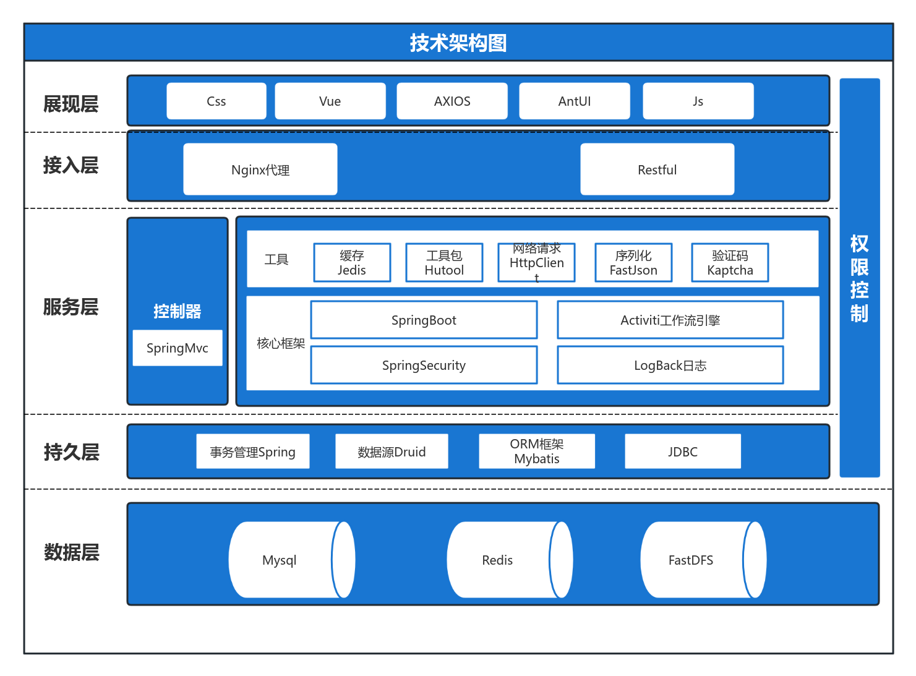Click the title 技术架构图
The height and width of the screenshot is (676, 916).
(x=458, y=43)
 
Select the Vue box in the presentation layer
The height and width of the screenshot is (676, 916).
(x=330, y=101)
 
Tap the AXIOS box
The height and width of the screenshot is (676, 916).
(x=452, y=101)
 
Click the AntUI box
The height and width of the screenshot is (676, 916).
(x=574, y=101)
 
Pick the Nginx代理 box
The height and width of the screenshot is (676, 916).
(x=260, y=169)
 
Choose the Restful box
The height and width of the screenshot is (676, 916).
(x=657, y=169)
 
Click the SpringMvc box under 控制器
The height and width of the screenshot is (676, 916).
(x=177, y=348)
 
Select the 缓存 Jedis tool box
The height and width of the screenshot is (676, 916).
(x=352, y=263)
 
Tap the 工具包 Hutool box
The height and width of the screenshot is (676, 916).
(x=444, y=263)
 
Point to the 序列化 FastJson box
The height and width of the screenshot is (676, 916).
(x=633, y=263)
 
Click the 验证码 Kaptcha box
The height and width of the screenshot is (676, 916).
(x=730, y=263)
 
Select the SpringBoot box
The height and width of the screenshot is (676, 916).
(x=424, y=320)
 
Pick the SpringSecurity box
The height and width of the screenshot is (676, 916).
(x=424, y=365)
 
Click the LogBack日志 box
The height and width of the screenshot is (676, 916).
(x=670, y=365)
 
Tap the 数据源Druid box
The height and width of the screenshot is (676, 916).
(x=392, y=451)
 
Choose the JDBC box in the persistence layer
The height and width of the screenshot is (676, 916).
(x=682, y=451)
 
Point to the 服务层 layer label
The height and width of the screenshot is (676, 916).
(x=71, y=307)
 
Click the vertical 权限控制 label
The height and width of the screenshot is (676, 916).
(x=859, y=278)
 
